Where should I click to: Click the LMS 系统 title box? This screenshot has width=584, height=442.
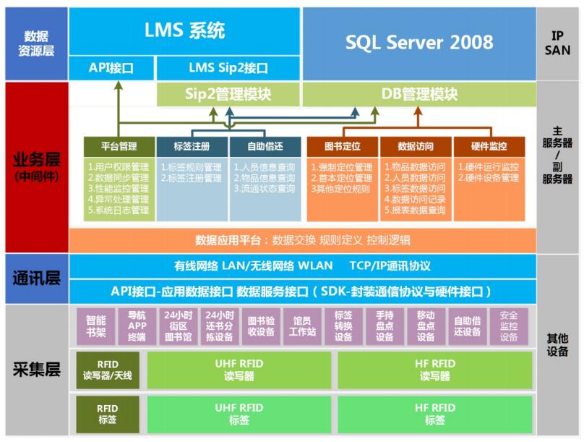[184, 31]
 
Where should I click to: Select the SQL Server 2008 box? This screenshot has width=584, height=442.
[418, 43]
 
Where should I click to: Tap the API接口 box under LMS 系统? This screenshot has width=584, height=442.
[111, 68]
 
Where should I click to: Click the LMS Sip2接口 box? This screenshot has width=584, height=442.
[228, 68]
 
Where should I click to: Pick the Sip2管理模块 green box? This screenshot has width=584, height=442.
[228, 94]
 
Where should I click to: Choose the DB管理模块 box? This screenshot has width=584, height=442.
[419, 94]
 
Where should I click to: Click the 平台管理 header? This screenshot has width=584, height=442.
[119, 146]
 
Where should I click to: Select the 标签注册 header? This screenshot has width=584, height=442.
[192, 146]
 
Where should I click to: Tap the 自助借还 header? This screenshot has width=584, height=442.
[265, 146]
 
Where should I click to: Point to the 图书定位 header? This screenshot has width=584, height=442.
[342, 146]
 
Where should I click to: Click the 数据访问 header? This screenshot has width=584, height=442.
[416, 146]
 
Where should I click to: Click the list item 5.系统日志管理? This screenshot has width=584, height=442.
[119, 211]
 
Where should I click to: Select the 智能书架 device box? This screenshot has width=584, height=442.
[95, 326]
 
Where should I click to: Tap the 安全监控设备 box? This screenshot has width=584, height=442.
[509, 326]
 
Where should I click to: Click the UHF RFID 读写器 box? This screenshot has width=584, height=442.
[239, 370]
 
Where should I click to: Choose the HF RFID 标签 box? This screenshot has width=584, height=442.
[435, 414]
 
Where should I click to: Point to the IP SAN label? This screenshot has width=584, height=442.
[561, 43]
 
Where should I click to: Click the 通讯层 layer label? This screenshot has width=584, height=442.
[35, 279]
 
